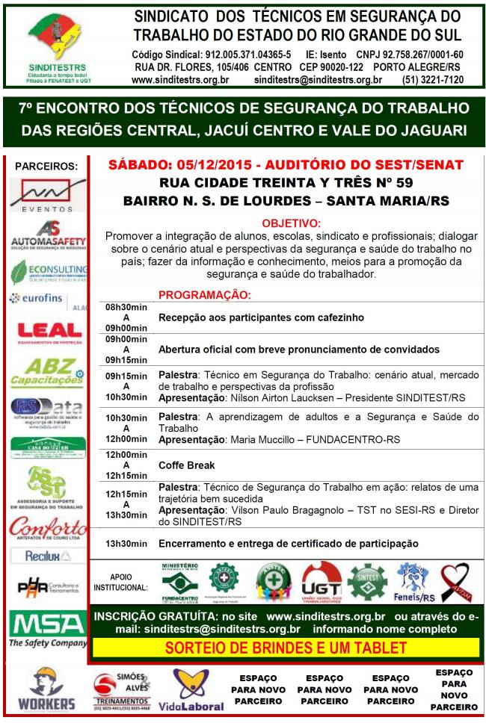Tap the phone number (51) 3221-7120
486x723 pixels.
tap(433, 80)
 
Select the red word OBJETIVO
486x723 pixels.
tap(291, 223)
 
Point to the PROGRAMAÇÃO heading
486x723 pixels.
tap(204, 295)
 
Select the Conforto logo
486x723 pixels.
tap(48, 528)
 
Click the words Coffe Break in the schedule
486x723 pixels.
tap(186, 465)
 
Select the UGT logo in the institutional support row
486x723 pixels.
tap(320, 582)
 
